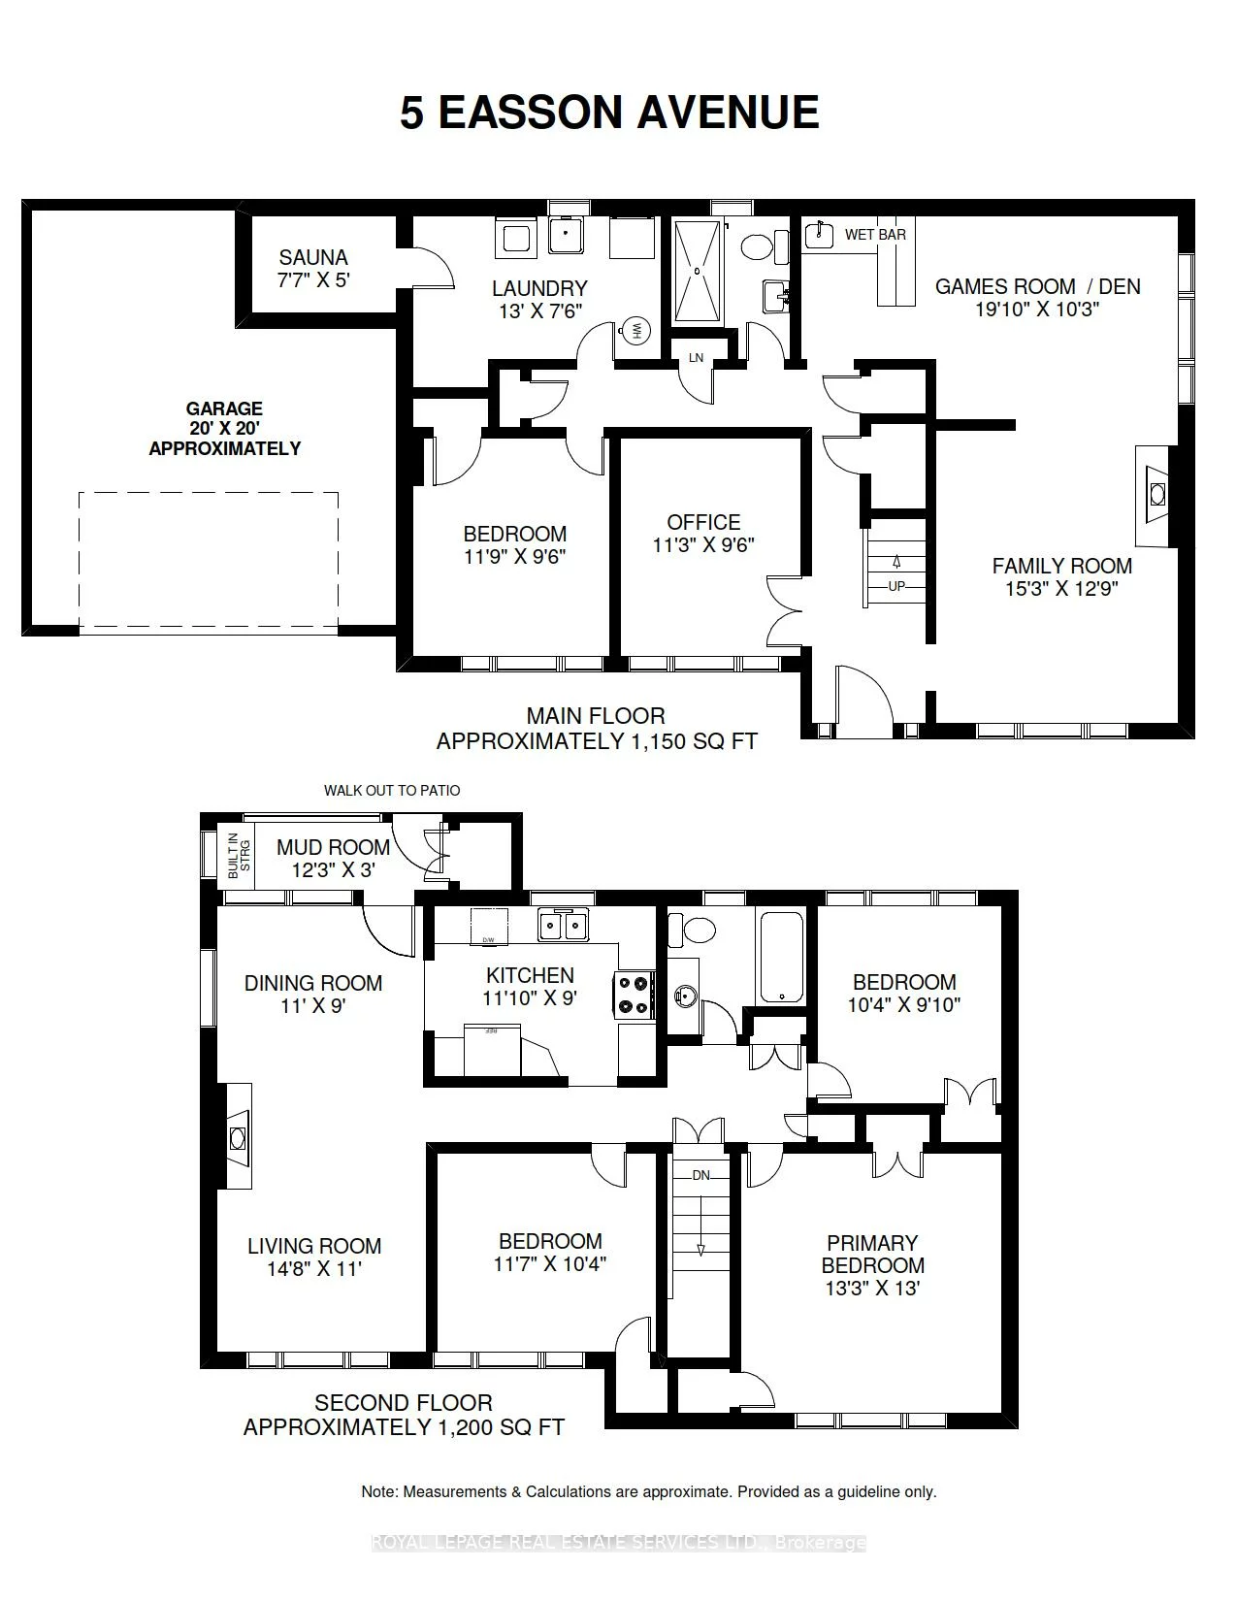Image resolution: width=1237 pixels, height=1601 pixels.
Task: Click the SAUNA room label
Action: coord(312,258)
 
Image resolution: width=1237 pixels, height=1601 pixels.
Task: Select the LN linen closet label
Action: coord(696,358)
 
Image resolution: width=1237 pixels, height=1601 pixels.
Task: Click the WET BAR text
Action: coord(875,235)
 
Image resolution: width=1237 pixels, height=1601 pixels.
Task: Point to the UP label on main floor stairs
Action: coord(896,586)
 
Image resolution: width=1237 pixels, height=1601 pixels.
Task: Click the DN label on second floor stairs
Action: coord(700,1175)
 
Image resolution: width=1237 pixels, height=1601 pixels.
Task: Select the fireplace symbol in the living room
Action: coord(238,1137)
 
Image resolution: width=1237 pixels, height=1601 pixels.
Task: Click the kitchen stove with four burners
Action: coord(633,995)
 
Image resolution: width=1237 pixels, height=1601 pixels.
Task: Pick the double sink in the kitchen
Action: coord(564,926)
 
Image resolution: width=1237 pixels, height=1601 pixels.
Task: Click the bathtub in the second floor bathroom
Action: coord(781,957)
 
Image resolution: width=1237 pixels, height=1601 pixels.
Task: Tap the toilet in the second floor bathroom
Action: coord(698,930)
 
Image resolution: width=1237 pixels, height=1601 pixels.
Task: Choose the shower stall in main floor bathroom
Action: coord(698,273)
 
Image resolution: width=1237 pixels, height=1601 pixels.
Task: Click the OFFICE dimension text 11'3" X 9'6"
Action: coord(703,545)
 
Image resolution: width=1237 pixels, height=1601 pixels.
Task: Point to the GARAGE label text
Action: coord(225,409)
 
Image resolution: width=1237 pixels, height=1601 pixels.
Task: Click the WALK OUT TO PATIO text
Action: coord(392,790)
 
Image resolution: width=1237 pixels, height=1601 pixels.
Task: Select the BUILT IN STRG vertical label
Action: coord(239,856)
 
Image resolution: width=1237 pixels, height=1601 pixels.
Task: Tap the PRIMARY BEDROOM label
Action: coord(872,1254)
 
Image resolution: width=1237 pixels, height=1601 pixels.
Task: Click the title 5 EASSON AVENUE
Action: coord(609,113)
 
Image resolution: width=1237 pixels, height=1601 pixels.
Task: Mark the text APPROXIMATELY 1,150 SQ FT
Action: coord(596,741)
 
